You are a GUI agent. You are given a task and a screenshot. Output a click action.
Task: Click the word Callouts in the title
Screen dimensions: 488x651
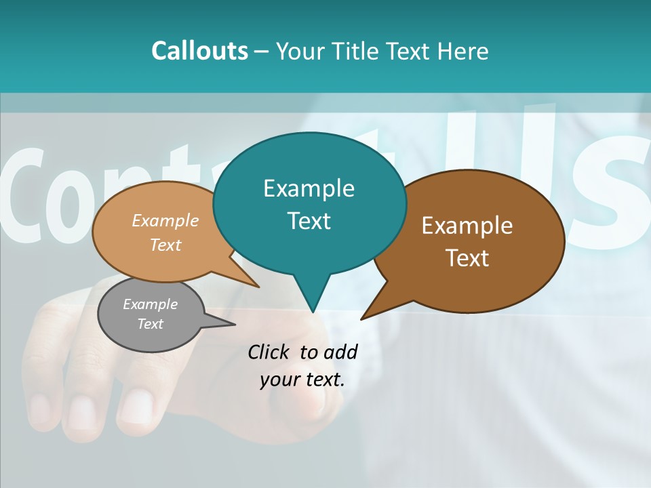[199, 51]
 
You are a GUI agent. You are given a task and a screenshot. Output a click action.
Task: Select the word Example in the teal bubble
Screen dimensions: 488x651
[309, 188]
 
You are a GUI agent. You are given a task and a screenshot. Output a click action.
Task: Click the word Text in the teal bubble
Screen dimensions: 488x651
[309, 221]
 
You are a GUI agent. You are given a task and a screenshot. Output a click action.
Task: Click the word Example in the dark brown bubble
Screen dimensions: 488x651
[467, 226]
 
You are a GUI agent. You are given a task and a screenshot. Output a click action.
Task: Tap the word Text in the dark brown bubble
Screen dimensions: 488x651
[467, 258]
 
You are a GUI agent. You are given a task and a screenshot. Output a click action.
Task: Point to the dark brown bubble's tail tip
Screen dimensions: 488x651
[361, 319]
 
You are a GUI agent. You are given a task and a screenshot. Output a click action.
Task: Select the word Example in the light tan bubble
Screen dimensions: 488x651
[165, 220]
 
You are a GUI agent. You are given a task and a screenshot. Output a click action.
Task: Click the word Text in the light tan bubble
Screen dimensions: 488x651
[165, 245]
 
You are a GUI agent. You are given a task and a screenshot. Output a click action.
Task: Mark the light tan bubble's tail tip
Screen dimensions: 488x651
[259, 287]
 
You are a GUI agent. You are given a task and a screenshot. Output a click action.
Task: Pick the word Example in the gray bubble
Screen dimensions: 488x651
[150, 304]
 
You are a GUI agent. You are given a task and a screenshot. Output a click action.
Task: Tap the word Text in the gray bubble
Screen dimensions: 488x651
[150, 324]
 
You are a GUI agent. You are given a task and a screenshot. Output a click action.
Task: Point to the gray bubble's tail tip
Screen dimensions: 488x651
[235, 324]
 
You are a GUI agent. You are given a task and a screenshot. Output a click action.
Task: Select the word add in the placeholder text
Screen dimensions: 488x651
[340, 352]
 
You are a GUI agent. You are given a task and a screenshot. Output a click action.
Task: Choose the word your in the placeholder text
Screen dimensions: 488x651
[279, 380]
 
